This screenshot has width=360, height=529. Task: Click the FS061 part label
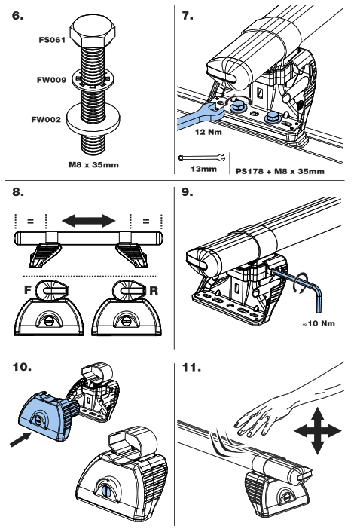52,40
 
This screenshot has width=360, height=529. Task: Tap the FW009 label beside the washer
51,80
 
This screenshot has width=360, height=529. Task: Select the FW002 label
46,119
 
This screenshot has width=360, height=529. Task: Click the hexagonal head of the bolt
93,32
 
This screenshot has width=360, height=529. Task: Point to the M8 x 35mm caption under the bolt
93,164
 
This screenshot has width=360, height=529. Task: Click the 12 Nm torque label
209,132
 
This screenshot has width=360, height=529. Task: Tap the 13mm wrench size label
203,169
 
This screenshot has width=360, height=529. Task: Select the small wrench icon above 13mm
202,157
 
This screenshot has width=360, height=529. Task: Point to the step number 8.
19,191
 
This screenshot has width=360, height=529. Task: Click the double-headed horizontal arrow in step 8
89,221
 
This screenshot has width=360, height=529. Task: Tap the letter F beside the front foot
28,289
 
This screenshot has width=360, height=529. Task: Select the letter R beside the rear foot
154,290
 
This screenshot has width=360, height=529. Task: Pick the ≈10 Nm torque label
319,323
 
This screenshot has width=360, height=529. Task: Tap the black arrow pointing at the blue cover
21,439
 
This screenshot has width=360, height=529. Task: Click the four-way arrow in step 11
318,431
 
